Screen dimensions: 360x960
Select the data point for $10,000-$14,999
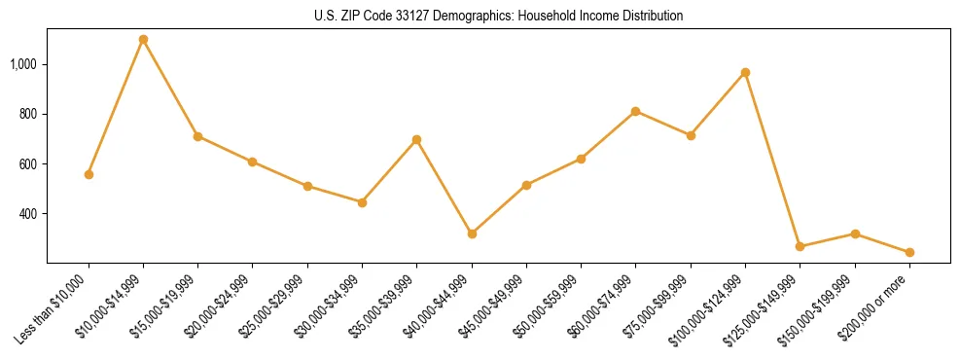(x=143, y=40)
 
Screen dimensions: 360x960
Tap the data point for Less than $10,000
(x=89, y=174)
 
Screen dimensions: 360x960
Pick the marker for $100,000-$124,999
(x=745, y=73)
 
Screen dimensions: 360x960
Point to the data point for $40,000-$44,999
(x=472, y=234)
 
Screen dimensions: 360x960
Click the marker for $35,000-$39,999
(x=417, y=140)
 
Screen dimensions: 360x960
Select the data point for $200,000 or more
(x=909, y=252)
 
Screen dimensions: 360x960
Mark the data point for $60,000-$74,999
(x=636, y=111)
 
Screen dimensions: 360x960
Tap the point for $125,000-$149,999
(x=800, y=246)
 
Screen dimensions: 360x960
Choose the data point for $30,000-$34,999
(x=362, y=202)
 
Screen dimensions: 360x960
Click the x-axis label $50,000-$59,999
(x=550, y=306)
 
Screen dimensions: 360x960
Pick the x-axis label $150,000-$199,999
(x=820, y=308)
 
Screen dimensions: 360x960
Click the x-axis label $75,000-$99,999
(x=659, y=306)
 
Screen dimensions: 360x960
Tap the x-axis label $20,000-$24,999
(x=221, y=306)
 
